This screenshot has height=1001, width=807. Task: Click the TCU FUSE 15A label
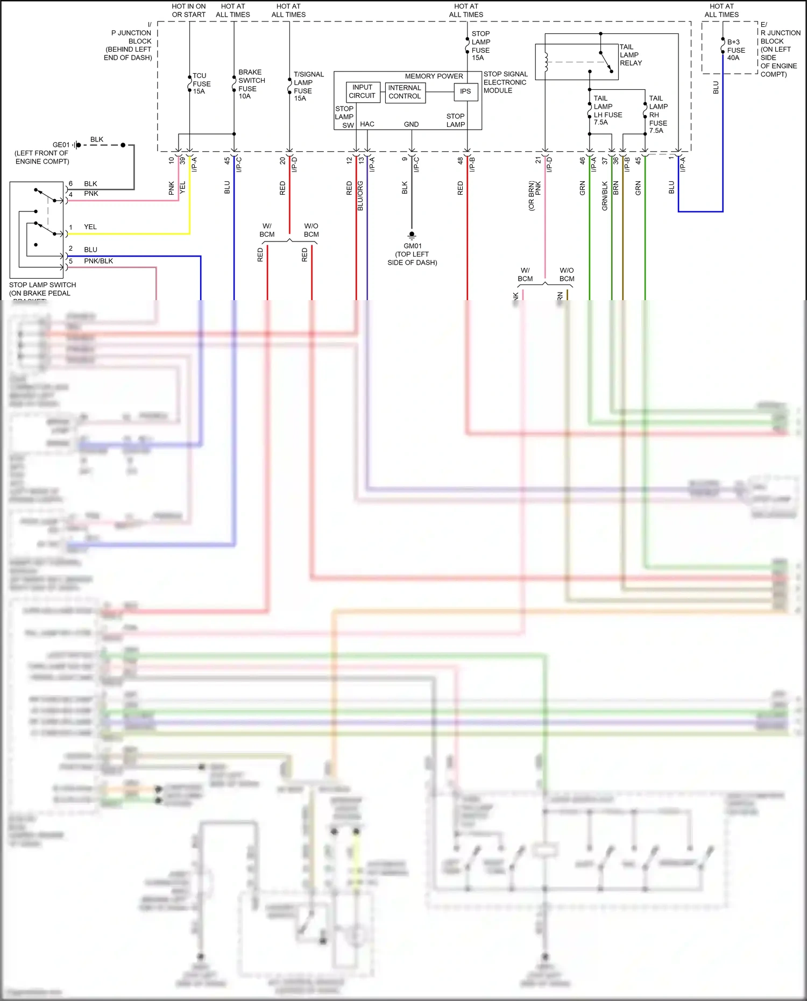tap(201, 84)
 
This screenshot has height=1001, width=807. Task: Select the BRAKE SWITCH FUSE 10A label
tap(251, 84)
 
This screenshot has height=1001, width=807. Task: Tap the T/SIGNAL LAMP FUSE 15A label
tap(308, 87)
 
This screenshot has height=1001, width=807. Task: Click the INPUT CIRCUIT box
tap(362, 91)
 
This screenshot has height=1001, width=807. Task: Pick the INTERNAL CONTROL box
tap(405, 92)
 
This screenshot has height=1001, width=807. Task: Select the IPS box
tap(465, 91)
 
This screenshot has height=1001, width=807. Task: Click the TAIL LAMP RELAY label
tap(631, 55)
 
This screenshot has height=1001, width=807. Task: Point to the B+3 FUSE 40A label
tap(736, 50)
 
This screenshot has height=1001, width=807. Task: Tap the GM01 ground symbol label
tap(412, 254)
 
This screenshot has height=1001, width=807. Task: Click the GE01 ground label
tap(61, 145)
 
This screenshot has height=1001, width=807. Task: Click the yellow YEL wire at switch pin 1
tap(129, 234)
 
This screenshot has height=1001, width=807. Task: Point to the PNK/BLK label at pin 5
tap(98, 261)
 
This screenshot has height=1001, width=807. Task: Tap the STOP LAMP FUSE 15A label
tap(480, 46)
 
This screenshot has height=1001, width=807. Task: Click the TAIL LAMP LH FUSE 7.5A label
tap(607, 110)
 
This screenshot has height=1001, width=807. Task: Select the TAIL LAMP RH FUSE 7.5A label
tap(658, 115)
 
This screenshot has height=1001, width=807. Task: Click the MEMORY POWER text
tap(434, 76)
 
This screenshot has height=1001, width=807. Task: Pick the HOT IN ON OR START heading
tap(189, 11)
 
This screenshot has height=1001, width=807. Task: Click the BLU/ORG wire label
tap(360, 196)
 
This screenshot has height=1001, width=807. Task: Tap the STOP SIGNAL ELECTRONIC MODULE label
tap(505, 82)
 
